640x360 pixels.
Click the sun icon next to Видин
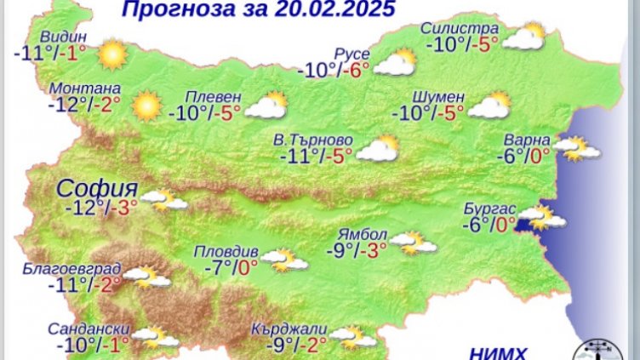click(x=111, y=56)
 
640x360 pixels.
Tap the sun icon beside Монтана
click(x=146, y=106)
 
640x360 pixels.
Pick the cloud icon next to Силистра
click(x=523, y=37)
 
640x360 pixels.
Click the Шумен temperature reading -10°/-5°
click(x=427, y=111)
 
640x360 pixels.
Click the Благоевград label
click(x=73, y=271)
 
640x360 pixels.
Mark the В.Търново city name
click(x=317, y=140)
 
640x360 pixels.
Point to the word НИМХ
click(x=498, y=352)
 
